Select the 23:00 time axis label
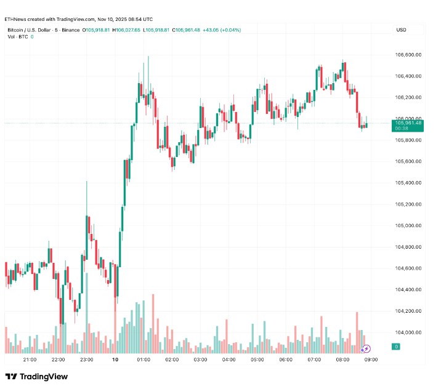(x=87, y=360)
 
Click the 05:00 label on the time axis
(x=257, y=360)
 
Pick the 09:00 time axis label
(x=371, y=360)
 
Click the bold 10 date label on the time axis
(x=115, y=360)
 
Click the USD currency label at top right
(x=402, y=30)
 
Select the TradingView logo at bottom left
(x=36, y=376)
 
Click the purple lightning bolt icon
(x=366, y=348)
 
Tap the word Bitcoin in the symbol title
(x=17, y=30)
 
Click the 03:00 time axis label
(x=200, y=360)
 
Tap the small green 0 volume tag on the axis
(x=397, y=347)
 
